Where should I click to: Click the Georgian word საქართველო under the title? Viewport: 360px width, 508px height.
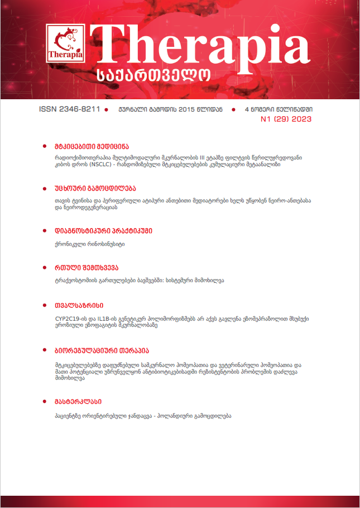point(153,75)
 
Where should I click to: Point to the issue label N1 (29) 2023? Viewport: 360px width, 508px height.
point(286,119)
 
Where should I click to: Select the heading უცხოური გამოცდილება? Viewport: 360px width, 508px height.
point(95,188)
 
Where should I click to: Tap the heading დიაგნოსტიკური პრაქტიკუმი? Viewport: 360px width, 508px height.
point(103,230)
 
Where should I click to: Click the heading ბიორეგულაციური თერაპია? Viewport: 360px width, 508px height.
point(101,351)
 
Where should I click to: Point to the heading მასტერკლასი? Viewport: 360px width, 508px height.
point(78,401)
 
